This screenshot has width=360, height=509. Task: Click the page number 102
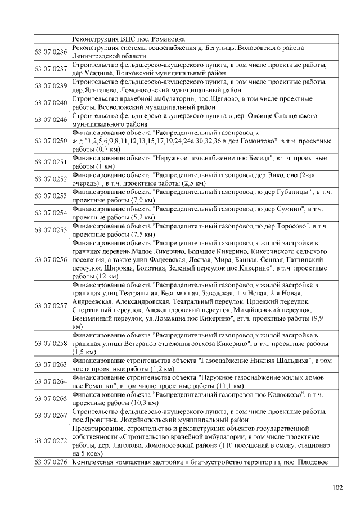[x=337, y=487]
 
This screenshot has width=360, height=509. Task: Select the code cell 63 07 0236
[x=51, y=52]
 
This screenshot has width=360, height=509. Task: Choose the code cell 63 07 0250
[x=51, y=140]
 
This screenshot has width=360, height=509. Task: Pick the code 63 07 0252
[x=51, y=179]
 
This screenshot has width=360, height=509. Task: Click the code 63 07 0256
[x=51, y=260]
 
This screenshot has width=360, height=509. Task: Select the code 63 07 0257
[x=51, y=305]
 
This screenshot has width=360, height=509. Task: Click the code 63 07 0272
[x=51, y=442]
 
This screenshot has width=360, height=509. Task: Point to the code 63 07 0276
[x=51, y=462]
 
